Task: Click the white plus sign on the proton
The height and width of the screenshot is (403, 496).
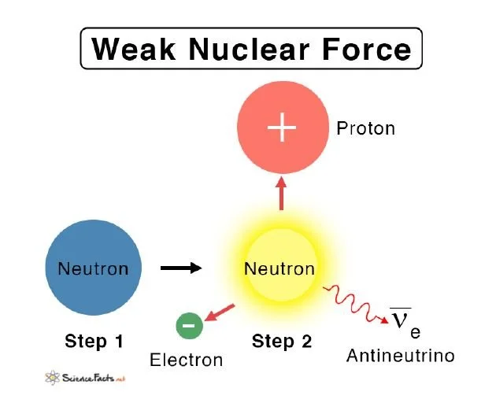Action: (x=282, y=128)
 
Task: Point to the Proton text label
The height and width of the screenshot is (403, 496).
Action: (x=365, y=128)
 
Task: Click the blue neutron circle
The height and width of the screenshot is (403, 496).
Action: (x=93, y=268)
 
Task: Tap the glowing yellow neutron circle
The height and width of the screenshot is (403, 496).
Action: (x=279, y=268)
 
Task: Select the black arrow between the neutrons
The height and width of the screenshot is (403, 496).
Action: (x=180, y=268)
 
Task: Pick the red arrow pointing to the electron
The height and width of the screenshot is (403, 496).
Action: (x=223, y=313)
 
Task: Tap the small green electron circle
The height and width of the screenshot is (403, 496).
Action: (x=189, y=324)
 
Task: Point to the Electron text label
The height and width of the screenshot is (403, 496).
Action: (x=187, y=360)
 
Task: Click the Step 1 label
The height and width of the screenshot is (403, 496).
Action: (x=94, y=342)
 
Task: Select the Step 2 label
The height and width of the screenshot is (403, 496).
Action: (x=282, y=342)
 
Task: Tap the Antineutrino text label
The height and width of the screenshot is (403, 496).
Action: (x=401, y=356)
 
